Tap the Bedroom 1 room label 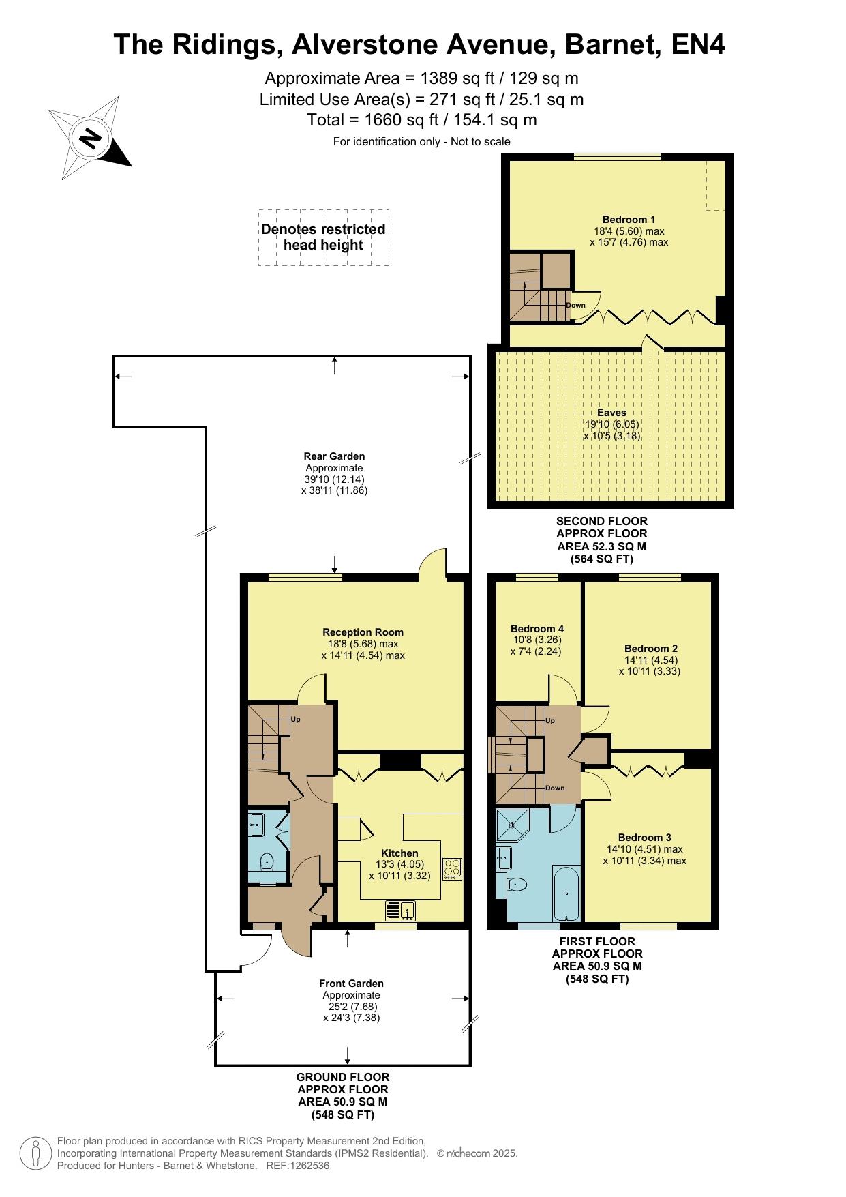(629, 220)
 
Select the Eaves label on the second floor (611, 413)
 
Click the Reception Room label (363, 632)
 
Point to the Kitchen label (399, 853)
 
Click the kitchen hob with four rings (452, 868)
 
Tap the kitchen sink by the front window (401, 911)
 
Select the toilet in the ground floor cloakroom (267, 861)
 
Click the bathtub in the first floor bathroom (566, 893)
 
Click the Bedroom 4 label (537, 629)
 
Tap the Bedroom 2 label (651, 649)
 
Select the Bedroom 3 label (645, 838)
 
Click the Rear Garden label (334, 456)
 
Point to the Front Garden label (351, 984)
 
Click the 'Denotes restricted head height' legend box (324, 237)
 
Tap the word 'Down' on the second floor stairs (576, 305)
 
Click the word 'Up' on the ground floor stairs (296, 719)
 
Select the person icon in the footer (35, 1153)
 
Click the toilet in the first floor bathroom (517, 885)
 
